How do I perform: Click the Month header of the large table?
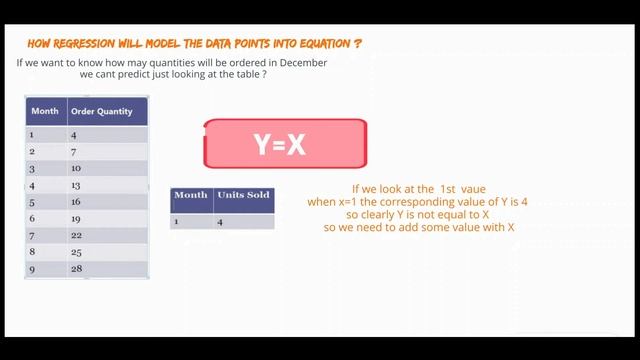(45, 110)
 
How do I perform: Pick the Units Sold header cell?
(244, 196)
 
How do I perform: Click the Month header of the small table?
(191, 196)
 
